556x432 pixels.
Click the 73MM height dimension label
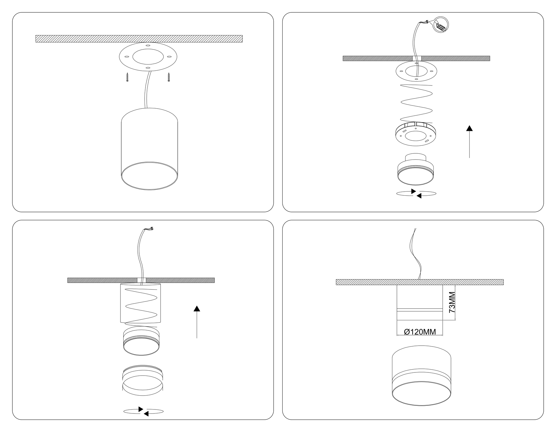452,302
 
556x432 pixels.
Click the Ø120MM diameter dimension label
420,332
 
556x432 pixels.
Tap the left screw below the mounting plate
127,77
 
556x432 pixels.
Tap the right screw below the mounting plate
169,77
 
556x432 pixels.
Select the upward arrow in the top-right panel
470,142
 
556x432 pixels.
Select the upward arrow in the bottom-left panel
197,322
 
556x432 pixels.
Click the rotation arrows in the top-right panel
416,193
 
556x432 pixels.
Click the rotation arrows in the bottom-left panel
143,411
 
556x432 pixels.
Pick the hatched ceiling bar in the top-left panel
139,39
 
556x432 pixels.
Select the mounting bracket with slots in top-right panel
416,134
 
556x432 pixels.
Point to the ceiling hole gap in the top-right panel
417,58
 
